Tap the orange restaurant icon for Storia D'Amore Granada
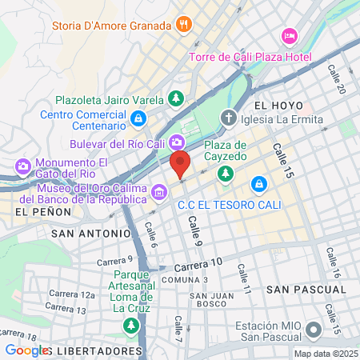click(x=185, y=24)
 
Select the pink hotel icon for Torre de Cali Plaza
click(x=290, y=37)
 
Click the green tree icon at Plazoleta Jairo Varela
click(x=175, y=99)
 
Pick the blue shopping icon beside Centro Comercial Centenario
click(x=139, y=118)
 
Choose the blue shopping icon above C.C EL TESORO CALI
click(x=258, y=185)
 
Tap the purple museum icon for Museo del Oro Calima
click(x=159, y=192)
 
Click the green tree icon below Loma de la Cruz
click(x=130, y=326)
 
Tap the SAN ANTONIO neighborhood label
click(x=90, y=234)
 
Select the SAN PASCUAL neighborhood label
click(x=298, y=288)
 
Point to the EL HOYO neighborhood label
click(x=278, y=106)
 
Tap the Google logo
click(x=26, y=350)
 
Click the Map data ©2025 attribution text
click(x=325, y=354)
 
